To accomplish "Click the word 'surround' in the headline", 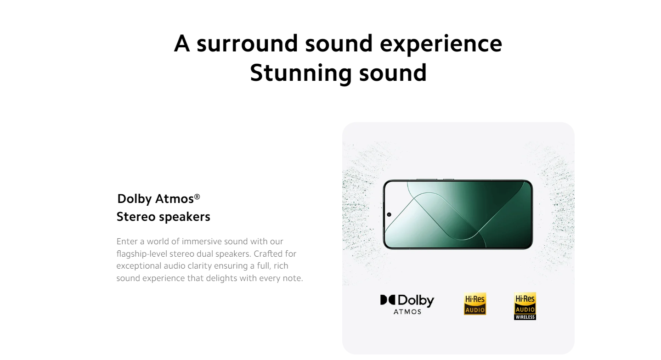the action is [x=247, y=44].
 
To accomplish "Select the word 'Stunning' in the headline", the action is [x=301, y=73].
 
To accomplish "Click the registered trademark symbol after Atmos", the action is [x=197, y=197].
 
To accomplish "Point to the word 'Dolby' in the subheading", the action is [x=135, y=199].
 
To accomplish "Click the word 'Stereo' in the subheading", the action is [x=136, y=217].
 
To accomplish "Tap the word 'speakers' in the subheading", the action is [x=185, y=217].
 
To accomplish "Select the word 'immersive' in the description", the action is [x=202, y=242].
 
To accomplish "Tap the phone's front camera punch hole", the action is [x=389, y=214].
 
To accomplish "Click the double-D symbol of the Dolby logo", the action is [x=387, y=300].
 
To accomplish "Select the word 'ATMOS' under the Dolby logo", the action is [x=407, y=312].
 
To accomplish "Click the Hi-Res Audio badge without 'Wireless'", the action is [x=475, y=304].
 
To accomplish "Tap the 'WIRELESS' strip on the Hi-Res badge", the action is [x=525, y=317].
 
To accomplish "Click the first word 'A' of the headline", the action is [x=181, y=43].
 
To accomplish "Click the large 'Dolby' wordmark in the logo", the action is [x=416, y=300].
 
